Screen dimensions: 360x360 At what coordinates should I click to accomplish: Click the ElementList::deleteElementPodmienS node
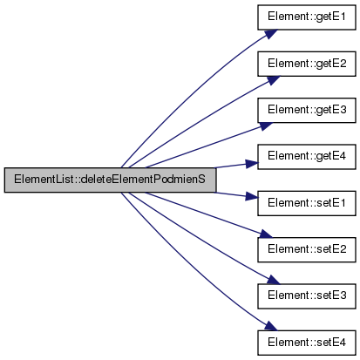pos(110,180)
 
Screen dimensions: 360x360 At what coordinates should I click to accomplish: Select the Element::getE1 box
pos(307,17)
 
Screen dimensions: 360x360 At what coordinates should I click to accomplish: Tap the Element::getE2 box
pos(307,64)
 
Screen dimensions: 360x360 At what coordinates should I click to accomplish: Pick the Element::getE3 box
pos(307,110)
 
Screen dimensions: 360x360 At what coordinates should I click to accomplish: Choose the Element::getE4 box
pos(307,157)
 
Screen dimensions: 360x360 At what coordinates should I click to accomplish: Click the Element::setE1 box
pos(307,203)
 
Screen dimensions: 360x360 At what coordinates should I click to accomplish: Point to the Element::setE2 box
pos(307,249)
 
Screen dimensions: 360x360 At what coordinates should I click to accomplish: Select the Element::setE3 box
pos(307,296)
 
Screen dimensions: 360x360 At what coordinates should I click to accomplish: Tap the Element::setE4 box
pos(307,343)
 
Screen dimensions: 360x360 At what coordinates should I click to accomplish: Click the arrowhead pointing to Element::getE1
pos(271,33)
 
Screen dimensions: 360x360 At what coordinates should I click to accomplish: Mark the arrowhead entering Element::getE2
pos(273,80)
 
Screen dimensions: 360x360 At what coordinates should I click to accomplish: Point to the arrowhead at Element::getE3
pos(266,126)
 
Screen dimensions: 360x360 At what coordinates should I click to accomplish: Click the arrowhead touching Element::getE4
pos(252,164)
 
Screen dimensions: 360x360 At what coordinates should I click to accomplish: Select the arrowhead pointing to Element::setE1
pos(252,196)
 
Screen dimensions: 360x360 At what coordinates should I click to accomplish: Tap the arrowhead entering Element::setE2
pos(266,234)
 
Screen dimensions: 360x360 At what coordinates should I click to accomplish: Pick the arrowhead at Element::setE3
pos(273,280)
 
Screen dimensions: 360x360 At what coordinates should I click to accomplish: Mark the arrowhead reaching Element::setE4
pos(271,326)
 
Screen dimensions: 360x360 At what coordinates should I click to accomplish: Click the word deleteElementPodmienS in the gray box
pos(143,180)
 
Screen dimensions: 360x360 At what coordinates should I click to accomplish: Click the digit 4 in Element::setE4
pos(342,343)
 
